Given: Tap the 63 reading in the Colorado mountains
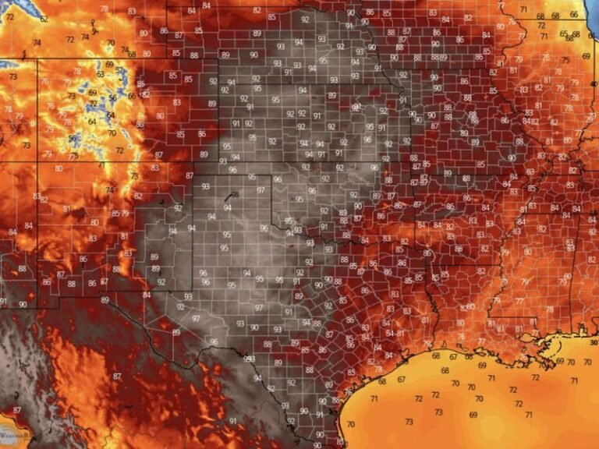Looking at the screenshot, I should (x=101, y=74).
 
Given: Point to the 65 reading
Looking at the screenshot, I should (x=563, y=34).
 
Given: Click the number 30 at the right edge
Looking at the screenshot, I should (x=594, y=342).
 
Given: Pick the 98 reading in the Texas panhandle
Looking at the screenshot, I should (x=227, y=196).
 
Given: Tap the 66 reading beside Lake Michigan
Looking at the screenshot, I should (x=574, y=14).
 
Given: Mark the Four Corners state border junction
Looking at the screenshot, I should (x=37, y=161).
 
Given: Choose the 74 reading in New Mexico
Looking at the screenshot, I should (x=111, y=189).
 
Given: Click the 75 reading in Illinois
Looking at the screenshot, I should (x=565, y=60).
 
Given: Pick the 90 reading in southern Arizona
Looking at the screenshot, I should (x=23, y=304).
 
